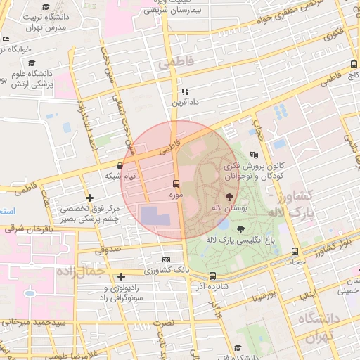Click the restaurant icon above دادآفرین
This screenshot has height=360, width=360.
point(184,91)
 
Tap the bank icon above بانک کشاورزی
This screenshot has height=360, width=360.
point(166,259)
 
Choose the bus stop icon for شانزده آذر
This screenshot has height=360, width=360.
point(212,277)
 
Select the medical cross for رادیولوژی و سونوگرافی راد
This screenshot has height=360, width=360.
point(122,276)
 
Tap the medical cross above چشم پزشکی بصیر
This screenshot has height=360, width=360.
point(89,198)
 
